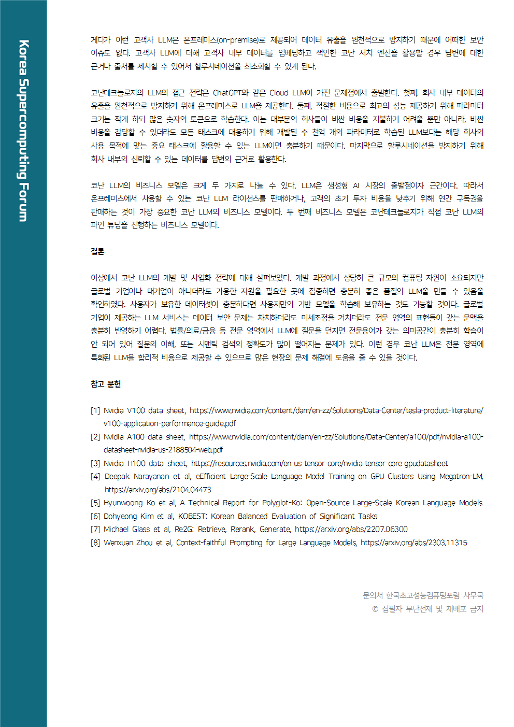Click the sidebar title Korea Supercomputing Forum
23,131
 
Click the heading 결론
97,251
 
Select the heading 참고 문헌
106,384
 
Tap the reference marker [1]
95,410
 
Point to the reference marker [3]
95,463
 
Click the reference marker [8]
95,543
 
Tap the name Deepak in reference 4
117,476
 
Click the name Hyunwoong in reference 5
123,503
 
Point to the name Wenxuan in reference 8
118,543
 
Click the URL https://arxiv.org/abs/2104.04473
158,490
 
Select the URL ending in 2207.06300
351,529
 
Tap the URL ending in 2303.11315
413,543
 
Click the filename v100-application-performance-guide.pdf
169,423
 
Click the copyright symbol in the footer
375,609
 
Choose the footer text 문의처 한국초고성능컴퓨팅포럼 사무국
423,595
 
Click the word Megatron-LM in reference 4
461,476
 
